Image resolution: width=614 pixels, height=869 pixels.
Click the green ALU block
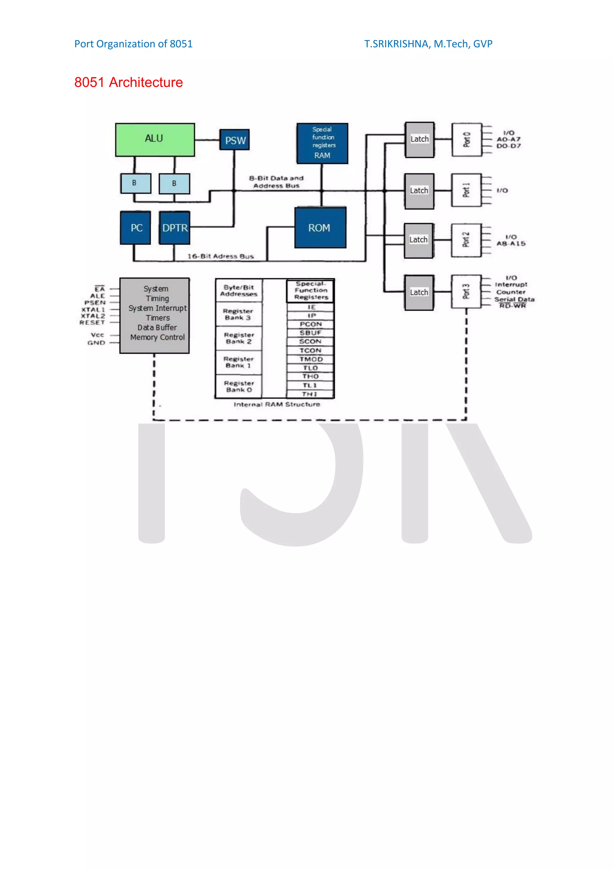(155, 139)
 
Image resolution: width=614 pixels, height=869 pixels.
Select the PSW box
(234, 140)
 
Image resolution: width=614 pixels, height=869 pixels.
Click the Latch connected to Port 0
(419, 139)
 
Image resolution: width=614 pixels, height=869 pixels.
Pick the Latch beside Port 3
(419, 292)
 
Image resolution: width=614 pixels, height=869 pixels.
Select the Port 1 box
(466, 190)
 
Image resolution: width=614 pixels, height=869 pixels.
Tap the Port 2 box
(466, 240)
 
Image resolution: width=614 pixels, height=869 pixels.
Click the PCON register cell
(311, 324)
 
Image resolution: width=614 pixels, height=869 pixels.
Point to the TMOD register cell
(311, 359)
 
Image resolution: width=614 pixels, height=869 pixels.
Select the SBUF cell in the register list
(311, 333)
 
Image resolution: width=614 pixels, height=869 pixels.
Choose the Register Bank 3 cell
(238, 314)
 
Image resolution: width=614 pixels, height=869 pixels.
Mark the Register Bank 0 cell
(238, 386)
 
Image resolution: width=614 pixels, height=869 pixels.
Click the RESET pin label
(92, 322)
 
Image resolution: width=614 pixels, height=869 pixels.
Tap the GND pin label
(96, 343)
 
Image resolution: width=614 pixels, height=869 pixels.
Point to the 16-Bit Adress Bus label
(221, 256)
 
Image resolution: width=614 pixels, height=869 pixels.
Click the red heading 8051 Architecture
(128, 82)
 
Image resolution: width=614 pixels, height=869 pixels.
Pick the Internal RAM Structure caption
(276, 404)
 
